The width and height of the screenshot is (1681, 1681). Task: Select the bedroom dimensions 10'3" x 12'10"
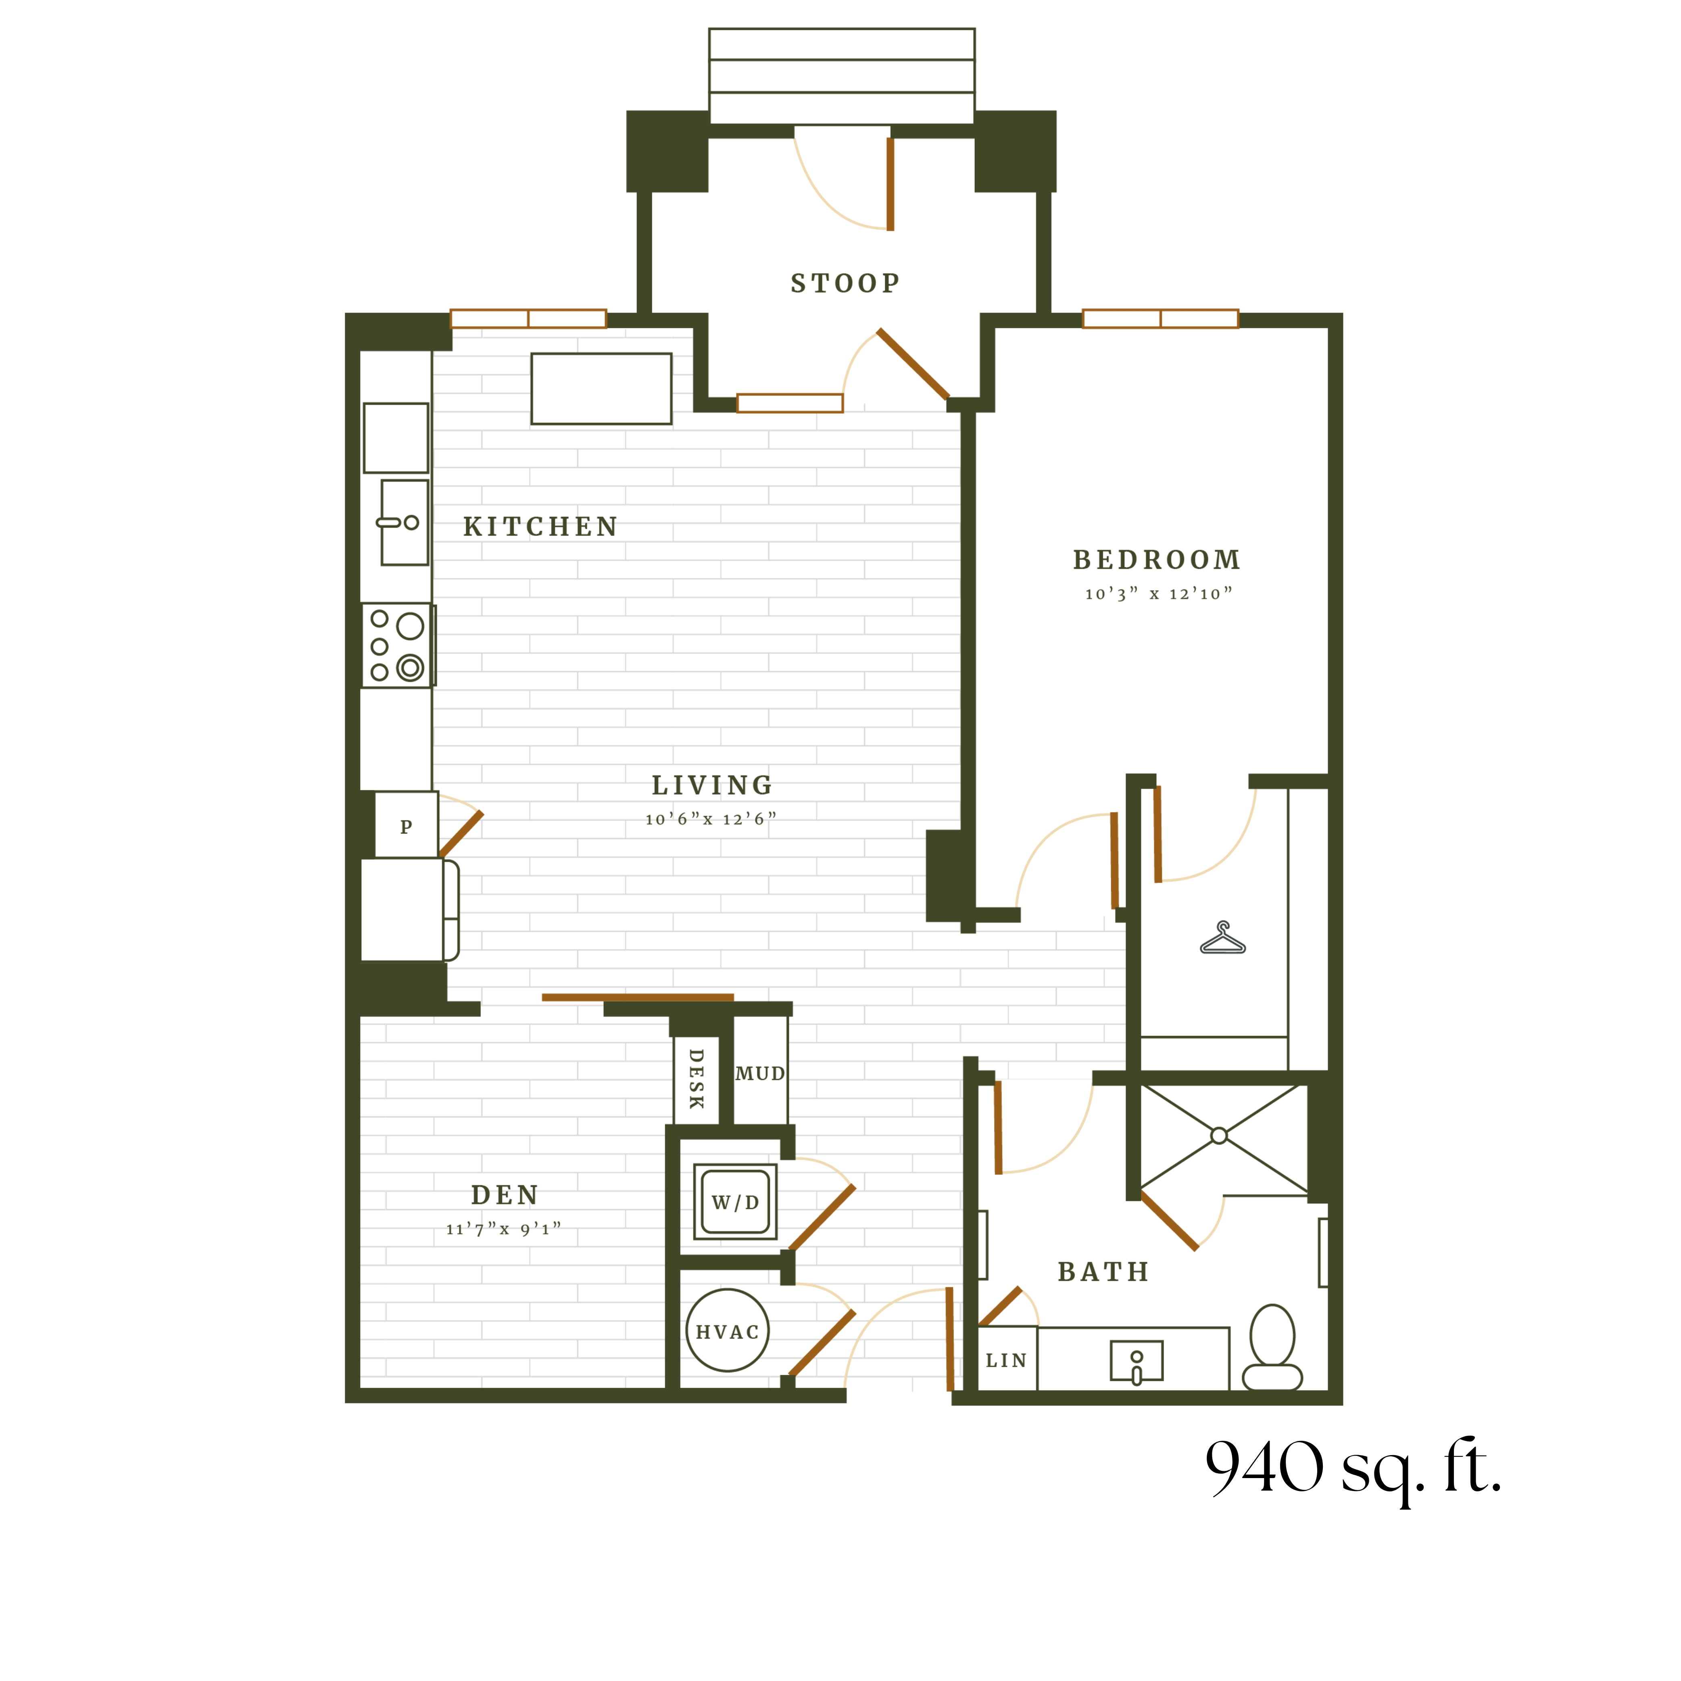tap(1158, 594)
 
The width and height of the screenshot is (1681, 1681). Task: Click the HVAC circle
tap(728, 1331)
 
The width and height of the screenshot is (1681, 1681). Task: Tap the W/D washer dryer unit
tap(735, 1203)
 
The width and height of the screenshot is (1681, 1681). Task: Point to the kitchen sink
tap(405, 523)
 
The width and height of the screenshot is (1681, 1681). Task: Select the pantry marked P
tap(405, 827)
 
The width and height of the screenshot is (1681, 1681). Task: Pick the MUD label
tap(759, 1074)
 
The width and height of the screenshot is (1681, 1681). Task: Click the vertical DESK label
tap(696, 1079)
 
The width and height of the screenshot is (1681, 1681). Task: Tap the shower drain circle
tap(1219, 1136)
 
